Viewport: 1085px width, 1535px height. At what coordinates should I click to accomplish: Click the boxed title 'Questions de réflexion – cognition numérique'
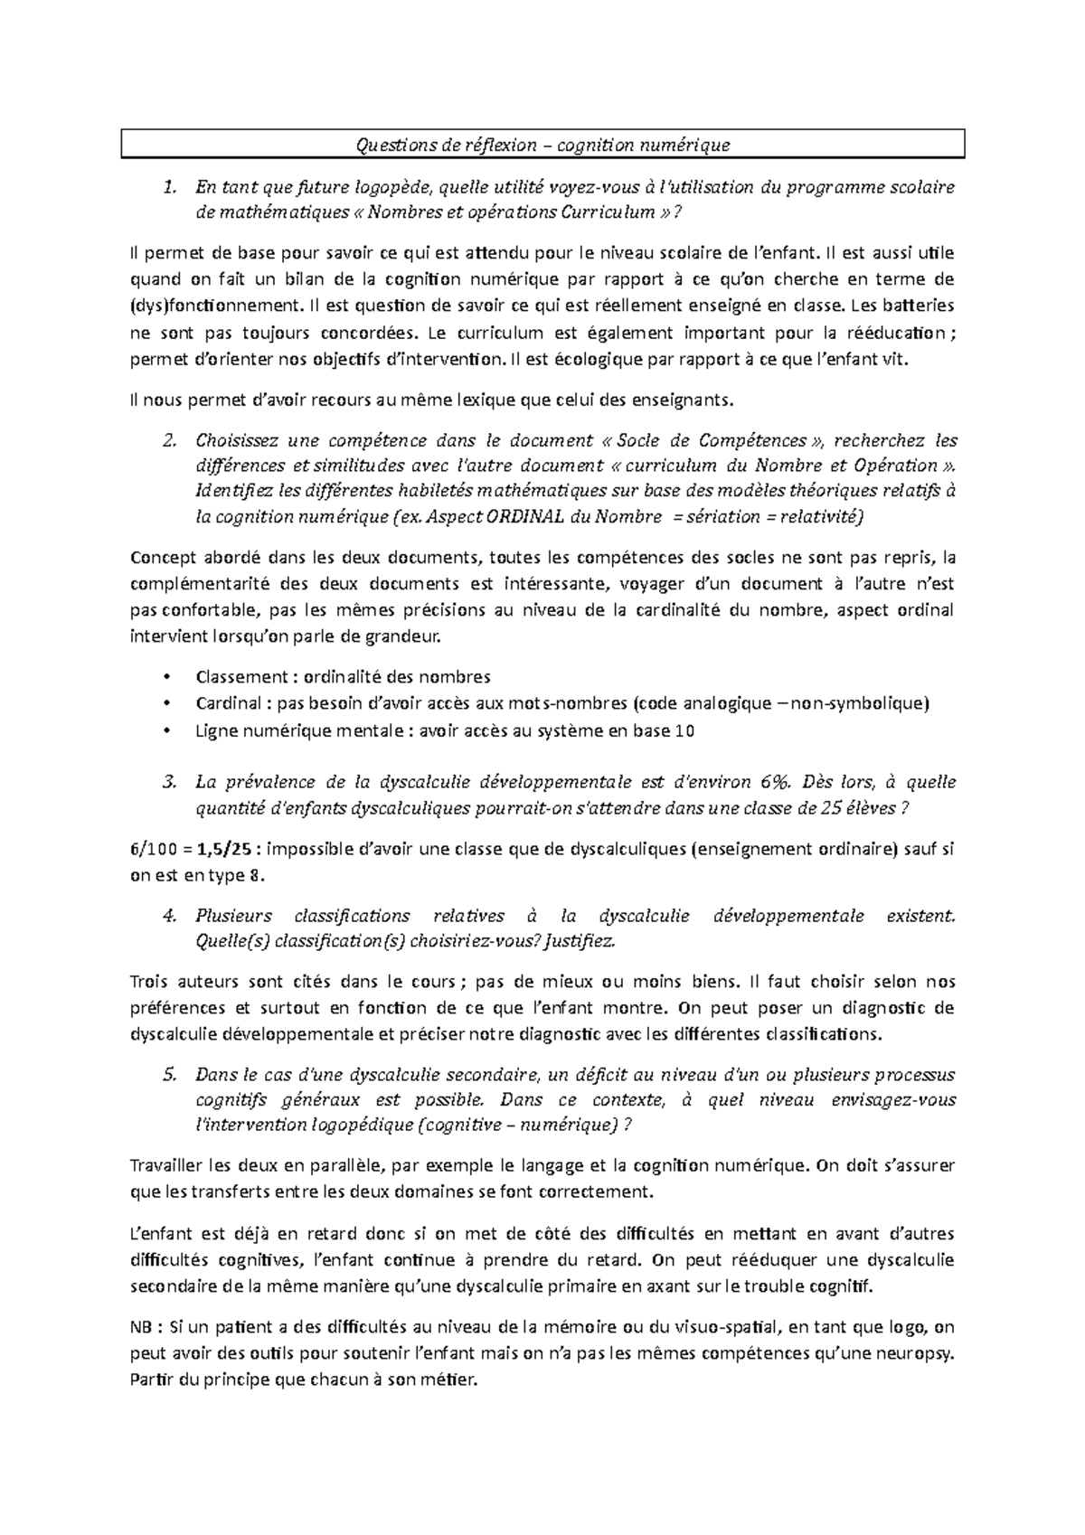pyautogui.click(x=542, y=145)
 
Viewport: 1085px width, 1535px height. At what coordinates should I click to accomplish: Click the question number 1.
pyautogui.click(x=168, y=188)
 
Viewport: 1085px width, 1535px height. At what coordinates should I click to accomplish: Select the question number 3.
pyautogui.click(x=168, y=782)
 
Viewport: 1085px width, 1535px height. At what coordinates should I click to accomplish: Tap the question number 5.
pyautogui.click(x=168, y=1075)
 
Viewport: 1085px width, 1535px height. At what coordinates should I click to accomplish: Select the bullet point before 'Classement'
pyautogui.click(x=165, y=677)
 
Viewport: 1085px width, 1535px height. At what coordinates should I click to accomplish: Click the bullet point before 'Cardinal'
pyautogui.click(x=165, y=703)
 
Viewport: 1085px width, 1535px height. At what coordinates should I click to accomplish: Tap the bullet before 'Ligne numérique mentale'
pyautogui.click(x=165, y=730)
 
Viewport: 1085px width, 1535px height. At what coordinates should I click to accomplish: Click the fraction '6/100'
pyautogui.click(x=155, y=849)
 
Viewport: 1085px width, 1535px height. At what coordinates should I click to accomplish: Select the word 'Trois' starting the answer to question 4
pyautogui.click(x=150, y=982)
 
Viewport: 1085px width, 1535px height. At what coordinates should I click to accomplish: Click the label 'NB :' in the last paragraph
pyautogui.click(x=147, y=1328)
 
